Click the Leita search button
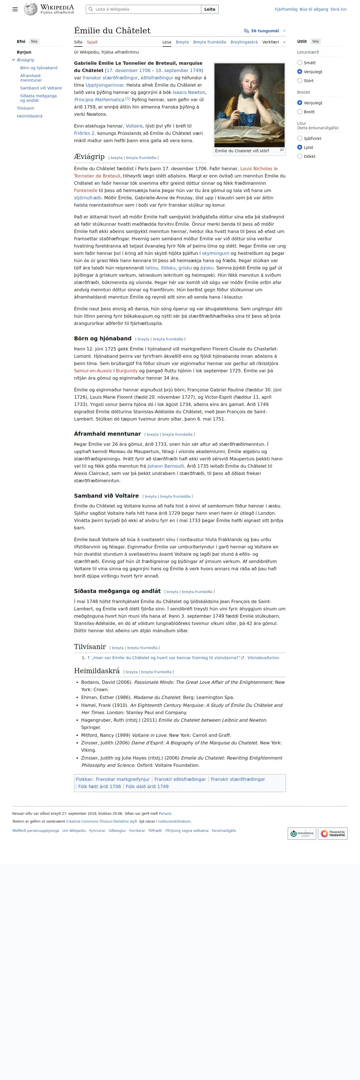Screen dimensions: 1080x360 (x=209, y=9)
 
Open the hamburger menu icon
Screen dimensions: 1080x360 (x=15, y=9)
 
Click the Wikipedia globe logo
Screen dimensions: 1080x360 (x=31, y=9)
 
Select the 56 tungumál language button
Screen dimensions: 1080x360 (x=264, y=31)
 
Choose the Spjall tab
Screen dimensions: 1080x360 (x=92, y=42)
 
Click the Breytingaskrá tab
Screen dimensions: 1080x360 (x=244, y=42)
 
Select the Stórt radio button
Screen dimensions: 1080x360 (x=300, y=81)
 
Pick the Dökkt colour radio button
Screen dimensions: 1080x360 (x=300, y=156)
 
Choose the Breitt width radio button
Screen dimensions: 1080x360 (x=300, y=112)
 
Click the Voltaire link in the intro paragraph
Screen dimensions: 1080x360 (x=134, y=126)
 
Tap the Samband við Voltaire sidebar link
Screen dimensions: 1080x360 (x=41, y=88)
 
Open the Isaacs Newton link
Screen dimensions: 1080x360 (x=189, y=92)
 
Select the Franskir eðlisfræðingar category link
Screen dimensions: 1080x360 (x=180, y=779)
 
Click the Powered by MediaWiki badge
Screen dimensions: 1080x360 (x=333, y=834)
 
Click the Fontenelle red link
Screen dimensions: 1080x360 (x=86, y=190)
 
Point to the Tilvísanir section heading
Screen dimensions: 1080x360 (x=90, y=647)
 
